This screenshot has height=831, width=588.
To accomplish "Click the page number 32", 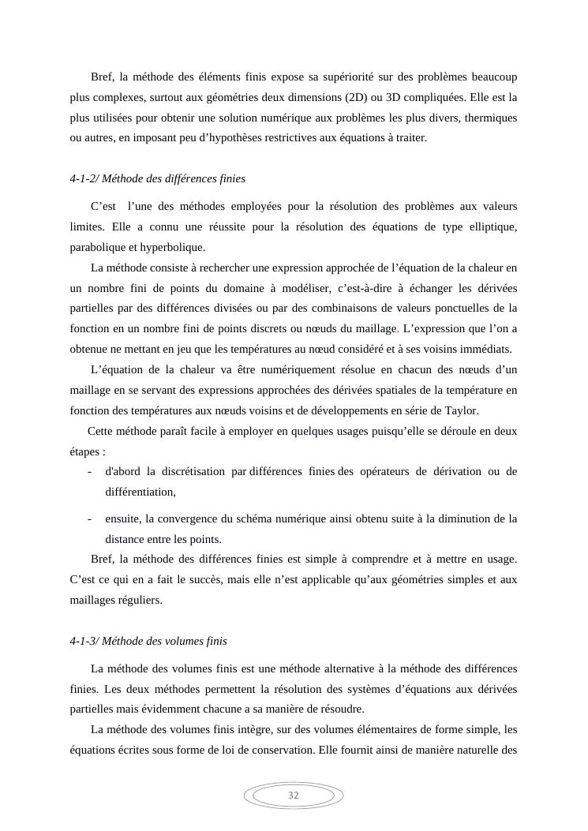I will click(294, 795).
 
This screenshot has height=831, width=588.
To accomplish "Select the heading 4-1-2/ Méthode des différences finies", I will click(157, 179).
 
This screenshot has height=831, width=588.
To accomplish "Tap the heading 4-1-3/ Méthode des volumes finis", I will click(148, 641).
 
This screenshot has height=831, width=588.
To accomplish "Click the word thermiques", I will click(491, 118).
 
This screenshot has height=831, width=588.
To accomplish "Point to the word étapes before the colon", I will click(84, 452).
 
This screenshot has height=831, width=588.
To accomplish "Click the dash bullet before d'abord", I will click(90, 472).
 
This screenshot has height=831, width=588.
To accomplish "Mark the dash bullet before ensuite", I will click(90, 519).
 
